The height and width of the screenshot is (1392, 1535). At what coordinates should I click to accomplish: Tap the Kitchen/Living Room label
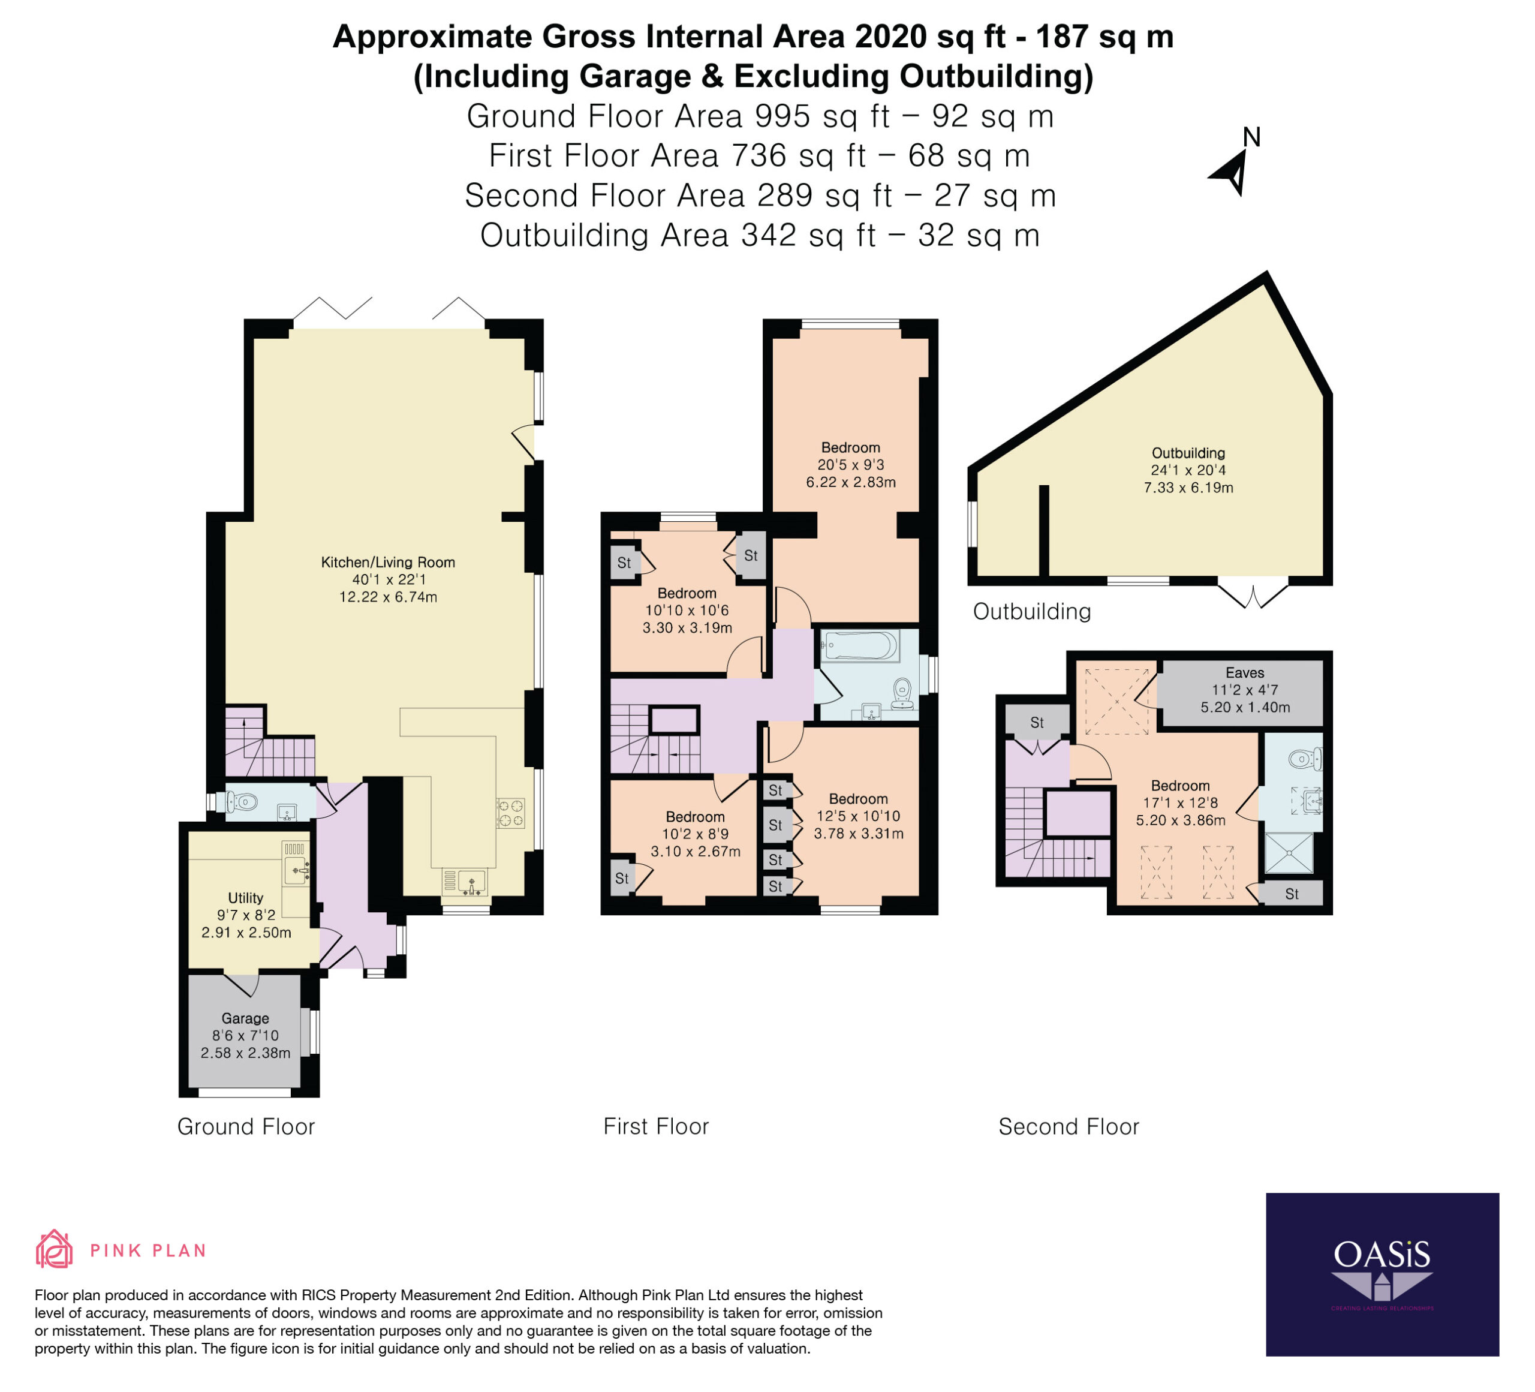(x=389, y=563)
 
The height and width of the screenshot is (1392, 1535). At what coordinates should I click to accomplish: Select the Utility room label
(x=245, y=898)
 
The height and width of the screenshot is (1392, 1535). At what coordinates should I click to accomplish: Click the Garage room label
(x=245, y=1018)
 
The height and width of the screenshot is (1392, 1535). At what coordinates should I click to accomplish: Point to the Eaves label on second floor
(x=1245, y=672)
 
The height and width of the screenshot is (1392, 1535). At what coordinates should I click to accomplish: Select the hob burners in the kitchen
(x=511, y=813)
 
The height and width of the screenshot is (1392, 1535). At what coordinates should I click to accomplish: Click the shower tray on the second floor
(x=1289, y=852)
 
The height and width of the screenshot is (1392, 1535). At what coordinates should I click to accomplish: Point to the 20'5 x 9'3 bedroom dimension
(x=850, y=465)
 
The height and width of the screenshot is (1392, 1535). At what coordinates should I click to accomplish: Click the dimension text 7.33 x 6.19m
(x=1188, y=488)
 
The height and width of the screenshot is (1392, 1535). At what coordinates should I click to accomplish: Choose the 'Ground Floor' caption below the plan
(x=246, y=1126)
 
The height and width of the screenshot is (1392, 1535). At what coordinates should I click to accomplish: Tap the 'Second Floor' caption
(x=1069, y=1126)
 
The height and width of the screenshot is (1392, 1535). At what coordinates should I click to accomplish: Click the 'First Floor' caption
(x=657, y=1126)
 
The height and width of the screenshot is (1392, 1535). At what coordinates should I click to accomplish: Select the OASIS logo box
(x=1382, y=1274)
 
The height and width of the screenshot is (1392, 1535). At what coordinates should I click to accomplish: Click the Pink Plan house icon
(x=54, y=1250)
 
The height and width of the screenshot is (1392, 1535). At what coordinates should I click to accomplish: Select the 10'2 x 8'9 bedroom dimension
(x=695, y=834)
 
